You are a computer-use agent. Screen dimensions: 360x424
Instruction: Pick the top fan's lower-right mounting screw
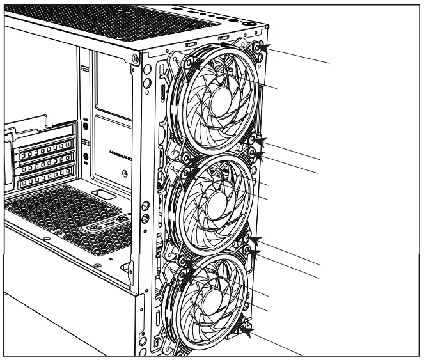[x=254, y=139]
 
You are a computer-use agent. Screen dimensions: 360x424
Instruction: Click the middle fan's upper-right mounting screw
[x=254, y=153]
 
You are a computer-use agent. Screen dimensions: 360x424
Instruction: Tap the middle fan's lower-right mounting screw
[x=248, y=239]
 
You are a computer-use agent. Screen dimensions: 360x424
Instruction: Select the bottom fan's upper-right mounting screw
[x=248, y=252]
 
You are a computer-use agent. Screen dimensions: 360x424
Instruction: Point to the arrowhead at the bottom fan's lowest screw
[x=251, y=332]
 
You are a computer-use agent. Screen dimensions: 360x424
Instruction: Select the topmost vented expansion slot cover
[x=40, y=153]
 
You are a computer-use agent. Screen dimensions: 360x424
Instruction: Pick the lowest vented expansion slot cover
[x=40, y=182]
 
